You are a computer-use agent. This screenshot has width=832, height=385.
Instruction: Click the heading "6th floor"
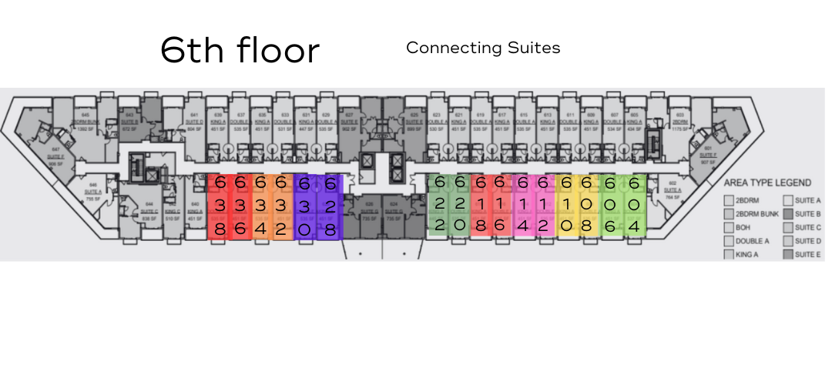[240, 50]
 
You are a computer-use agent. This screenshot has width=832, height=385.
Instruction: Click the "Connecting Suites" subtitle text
[483, 48]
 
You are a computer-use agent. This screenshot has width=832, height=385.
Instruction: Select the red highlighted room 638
[220, 206]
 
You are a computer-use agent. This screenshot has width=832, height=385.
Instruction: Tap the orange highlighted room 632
[281, 206]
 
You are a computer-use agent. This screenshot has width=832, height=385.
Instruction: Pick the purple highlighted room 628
[330, 206]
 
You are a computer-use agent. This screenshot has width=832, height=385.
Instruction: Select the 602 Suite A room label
[671, 195]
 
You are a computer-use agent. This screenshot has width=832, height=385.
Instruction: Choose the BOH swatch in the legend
[729, 228]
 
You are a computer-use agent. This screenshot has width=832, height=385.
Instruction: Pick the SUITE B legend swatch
[787, 214]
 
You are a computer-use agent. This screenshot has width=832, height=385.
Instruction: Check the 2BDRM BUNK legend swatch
[729, 214]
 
